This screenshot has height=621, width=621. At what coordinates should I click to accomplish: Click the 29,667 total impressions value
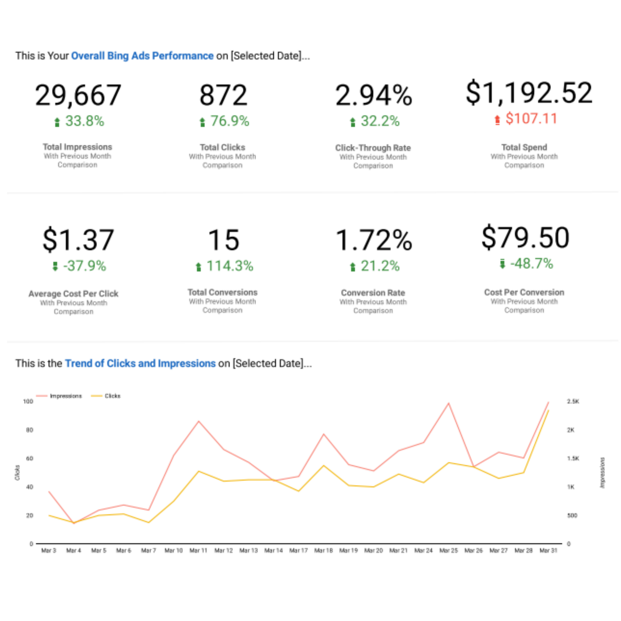click(x=78, y=95)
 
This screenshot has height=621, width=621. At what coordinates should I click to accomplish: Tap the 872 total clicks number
click(x=223, y=95)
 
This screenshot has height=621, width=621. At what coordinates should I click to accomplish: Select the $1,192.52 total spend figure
click(x=529, y=93)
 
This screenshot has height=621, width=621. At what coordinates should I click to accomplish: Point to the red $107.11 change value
click(x=531, y=119)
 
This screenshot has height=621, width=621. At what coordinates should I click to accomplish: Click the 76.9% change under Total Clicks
click(x=229, y=122)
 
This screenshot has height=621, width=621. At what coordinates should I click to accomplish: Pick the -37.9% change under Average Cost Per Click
click(x=84, y=266)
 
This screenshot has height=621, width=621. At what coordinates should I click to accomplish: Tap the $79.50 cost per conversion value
click(x=525, y=238)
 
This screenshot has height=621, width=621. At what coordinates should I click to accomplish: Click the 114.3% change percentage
click(x=229, y=266)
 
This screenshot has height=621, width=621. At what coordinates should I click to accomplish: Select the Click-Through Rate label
click(x=373, y=148)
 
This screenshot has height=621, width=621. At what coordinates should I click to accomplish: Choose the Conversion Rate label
click(x=373, y=293)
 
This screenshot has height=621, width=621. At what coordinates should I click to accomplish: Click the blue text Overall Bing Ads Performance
click(x=142, y=56)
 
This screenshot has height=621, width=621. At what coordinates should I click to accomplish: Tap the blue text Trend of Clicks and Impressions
click(x=140, y=364)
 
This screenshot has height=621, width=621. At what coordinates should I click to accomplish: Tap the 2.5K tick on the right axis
click(x=573, y=401)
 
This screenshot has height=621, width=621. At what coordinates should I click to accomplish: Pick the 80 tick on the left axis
click(x=30, y=430)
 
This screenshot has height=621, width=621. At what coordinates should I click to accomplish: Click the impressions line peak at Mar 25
click(x=448, y=403)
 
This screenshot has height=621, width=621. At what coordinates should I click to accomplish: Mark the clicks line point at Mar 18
click(x=324, y=466)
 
